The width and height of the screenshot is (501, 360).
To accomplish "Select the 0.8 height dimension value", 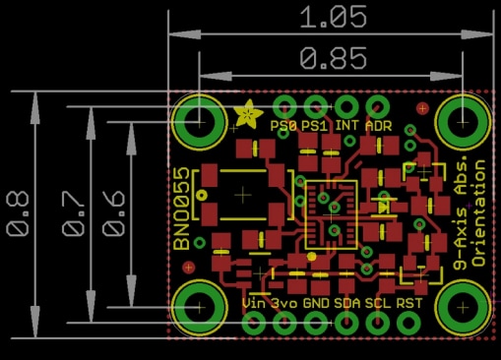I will pyautogui.click(x=19, y=213).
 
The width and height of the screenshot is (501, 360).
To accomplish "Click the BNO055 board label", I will pyautogui.click(x=183, y=214).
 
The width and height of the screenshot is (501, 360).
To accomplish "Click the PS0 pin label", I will pyautogui.click(x=283, y=126).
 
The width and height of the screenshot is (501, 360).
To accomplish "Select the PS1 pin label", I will pyautogui.click(x=314, y=126).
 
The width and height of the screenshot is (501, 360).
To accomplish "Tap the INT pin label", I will pyautogui.click(x=346, y=126).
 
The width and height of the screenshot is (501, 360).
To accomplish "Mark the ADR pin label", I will pyautogui.click(x=378, y=126).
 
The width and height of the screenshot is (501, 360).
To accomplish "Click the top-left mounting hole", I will pyautogui.click(x=200, y=124).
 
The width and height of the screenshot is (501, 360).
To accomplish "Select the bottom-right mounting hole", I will pyautogui.click(x=461, y=305).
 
